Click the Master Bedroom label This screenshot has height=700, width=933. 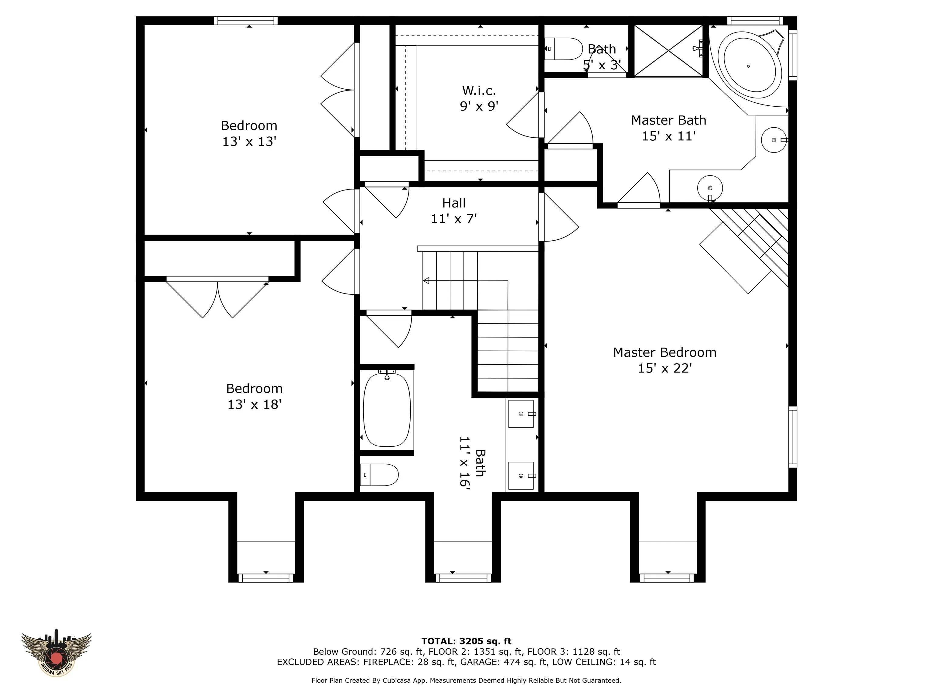pos(665,352)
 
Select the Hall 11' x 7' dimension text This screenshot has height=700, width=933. pos(454,218)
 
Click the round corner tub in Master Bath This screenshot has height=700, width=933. pos(749,66)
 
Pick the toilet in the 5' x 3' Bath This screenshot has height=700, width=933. pos(563,49)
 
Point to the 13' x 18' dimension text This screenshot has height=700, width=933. pos(254,404)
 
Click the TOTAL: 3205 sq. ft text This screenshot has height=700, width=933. pos(466,641)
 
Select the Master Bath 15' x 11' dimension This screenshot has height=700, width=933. pos(668,136)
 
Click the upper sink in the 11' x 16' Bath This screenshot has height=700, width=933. pos(521,414)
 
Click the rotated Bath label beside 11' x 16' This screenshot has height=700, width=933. pos(480,463)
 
